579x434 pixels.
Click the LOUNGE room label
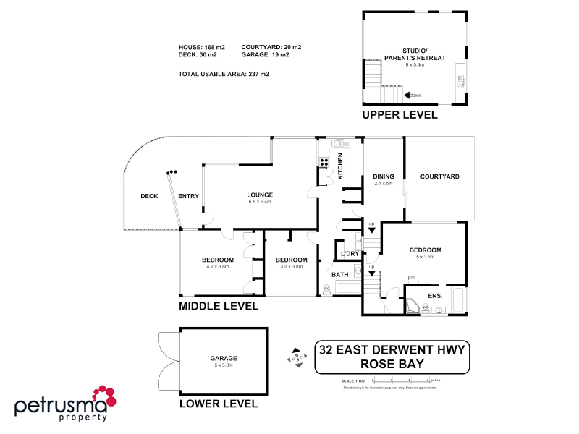coord(259,195)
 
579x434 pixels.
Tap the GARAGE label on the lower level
coord(224,357)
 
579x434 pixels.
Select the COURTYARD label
coord(439,176)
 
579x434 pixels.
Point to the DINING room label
coord(383,176)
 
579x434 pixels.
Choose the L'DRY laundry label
coord(350,253)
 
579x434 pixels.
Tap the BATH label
coord(339,275)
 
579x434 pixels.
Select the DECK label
coord(149,196)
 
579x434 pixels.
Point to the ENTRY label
coord(188,196)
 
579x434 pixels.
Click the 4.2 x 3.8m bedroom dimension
coord(217,267)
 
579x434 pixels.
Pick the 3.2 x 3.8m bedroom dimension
coord(292,267)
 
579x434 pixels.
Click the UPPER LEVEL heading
coord(400,116)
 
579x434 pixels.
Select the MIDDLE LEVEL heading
coord(219,307)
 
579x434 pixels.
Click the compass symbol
coord(297,357)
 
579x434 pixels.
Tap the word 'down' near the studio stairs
coord(415,95)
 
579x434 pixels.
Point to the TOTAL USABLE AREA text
coord(214,74)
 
